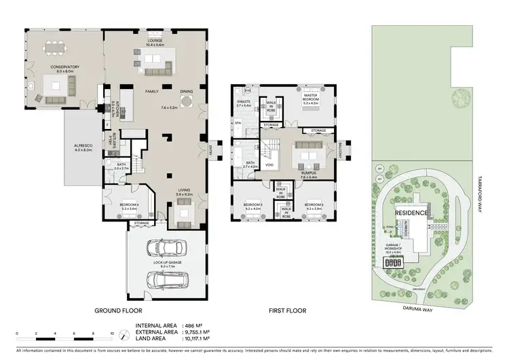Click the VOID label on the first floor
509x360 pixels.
[269, 164]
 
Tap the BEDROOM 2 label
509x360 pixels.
[313, 204]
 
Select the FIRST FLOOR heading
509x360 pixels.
[287, 310]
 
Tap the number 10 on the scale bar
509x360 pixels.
[111, 334]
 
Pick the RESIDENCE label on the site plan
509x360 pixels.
[411, 213]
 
